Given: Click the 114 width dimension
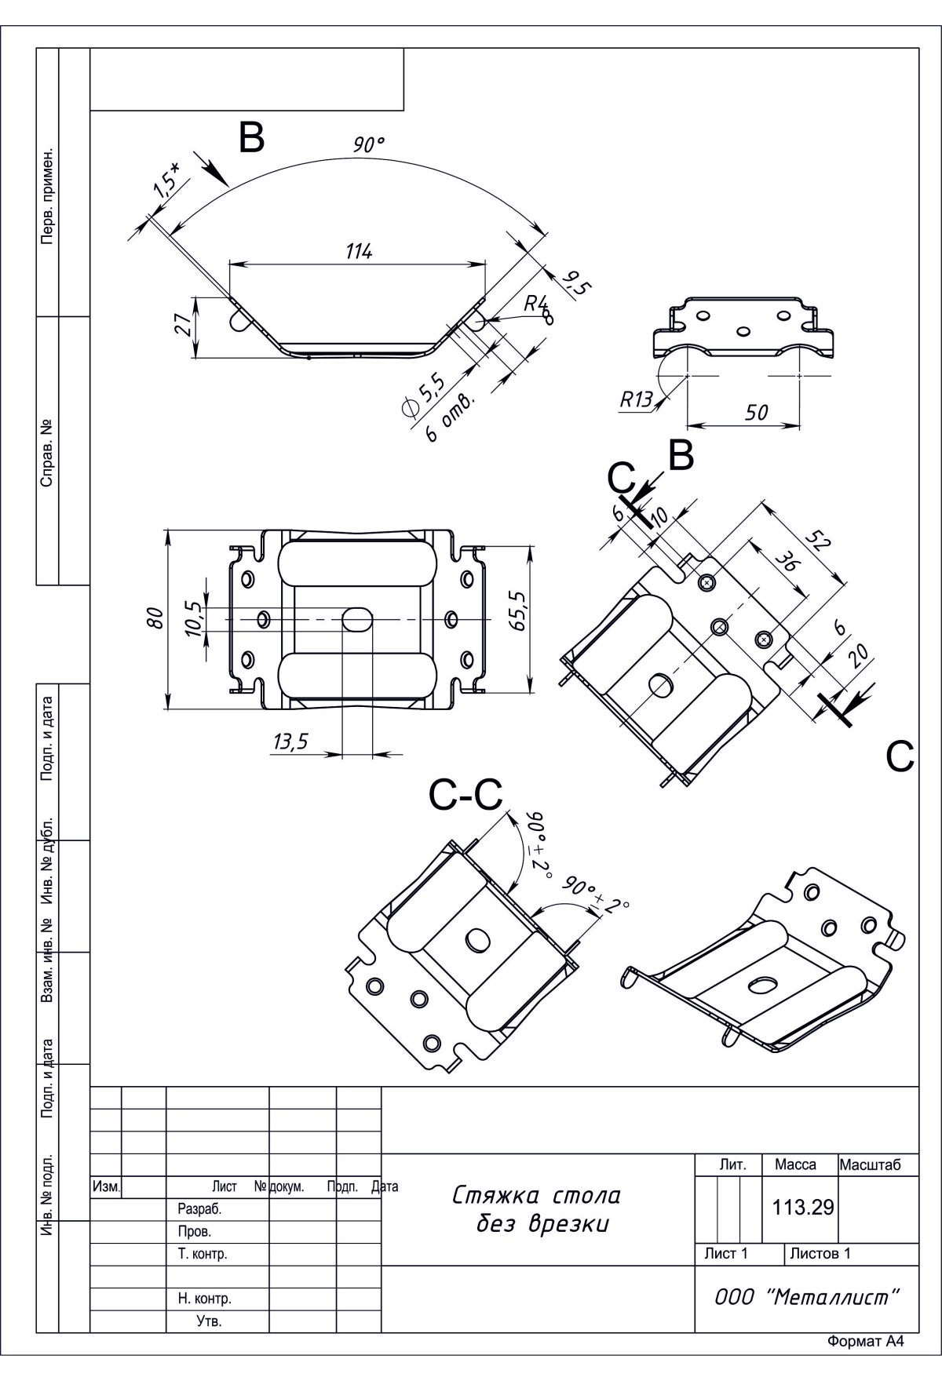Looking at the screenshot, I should (x=359, y=252).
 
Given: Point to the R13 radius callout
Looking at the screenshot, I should (x=636, y=400).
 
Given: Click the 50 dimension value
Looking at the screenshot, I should (x=755, y=413).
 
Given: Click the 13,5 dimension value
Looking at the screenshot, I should (x=290, y=742).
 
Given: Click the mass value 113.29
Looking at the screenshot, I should (x=802, y=1208).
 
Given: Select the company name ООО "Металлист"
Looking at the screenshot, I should (x=806, y=1297).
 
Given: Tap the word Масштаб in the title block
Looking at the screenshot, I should (x=868, y=1165).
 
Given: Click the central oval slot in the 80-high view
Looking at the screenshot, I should (x=357, y=618).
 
